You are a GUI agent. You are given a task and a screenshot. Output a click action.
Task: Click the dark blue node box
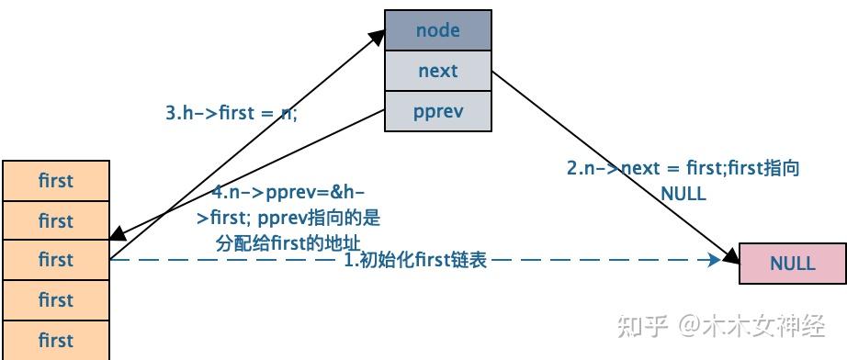click(x=438, y=30)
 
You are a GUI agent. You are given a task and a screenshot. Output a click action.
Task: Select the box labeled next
click(x=438, y=71)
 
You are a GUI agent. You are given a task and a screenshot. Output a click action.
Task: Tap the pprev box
click(x=438, y=111)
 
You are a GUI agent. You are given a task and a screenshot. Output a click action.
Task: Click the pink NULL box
click(x=792, y=264)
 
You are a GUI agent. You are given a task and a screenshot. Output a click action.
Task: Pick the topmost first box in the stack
click(x=56, y=181)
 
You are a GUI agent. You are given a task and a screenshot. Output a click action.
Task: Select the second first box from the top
click(x=56, y=220)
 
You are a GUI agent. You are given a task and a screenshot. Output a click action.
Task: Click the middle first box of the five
click(x=56, y=260)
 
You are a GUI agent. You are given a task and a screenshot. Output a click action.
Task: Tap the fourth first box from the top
click(x=56, y=299)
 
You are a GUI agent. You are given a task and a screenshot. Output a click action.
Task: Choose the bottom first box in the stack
click(x=56, y=339)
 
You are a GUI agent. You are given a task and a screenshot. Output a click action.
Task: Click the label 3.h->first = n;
click(x=232, y=113)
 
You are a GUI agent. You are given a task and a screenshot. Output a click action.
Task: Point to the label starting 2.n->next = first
click(x=683, y=168)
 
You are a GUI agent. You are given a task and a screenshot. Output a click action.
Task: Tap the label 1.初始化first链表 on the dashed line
click(x=414, y=260)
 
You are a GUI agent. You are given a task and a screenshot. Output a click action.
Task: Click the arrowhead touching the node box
click(x=378, y=35)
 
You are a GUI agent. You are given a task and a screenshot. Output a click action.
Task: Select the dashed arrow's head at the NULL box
click(x=716, y=260)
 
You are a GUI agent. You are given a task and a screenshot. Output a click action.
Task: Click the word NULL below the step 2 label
click(x=683, y=193)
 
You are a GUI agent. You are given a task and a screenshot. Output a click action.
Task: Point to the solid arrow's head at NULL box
click(x=732, y=253)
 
